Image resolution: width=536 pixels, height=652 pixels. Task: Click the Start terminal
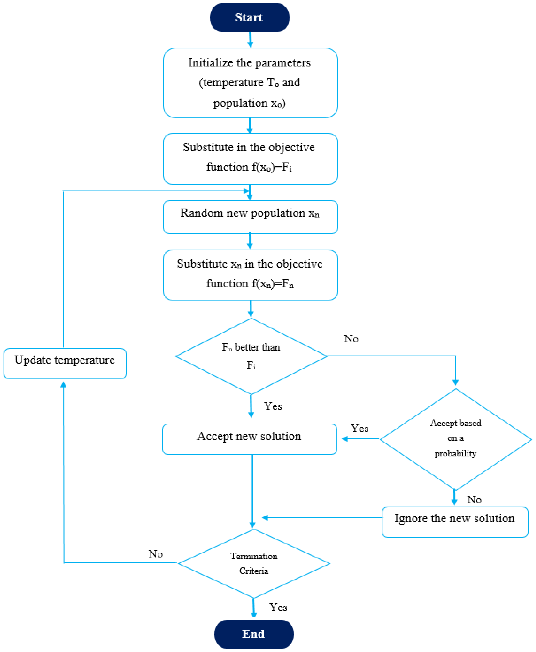click(x=249, y=18)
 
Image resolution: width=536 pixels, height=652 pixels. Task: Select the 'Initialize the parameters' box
click(x=250, y=83)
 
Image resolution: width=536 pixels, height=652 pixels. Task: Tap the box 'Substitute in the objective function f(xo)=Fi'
click(x=250, y=158)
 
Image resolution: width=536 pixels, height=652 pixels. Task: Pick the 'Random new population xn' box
click(x=250, y=217)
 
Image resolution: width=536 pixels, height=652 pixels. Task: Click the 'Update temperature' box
click(x=65, y=363)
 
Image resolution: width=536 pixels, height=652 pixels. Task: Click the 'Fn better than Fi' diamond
click(x=251, y=356)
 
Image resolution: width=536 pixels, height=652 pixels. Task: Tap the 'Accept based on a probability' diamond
click(x=455, y=439)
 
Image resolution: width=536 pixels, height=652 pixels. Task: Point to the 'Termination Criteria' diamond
click(x=254, y=563)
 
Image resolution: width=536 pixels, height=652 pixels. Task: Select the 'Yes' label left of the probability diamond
click(x=359, y=428)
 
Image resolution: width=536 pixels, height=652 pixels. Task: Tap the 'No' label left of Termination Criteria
click(x=155, y=554)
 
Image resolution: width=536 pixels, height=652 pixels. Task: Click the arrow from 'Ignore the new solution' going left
click(x=321, y=518)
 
